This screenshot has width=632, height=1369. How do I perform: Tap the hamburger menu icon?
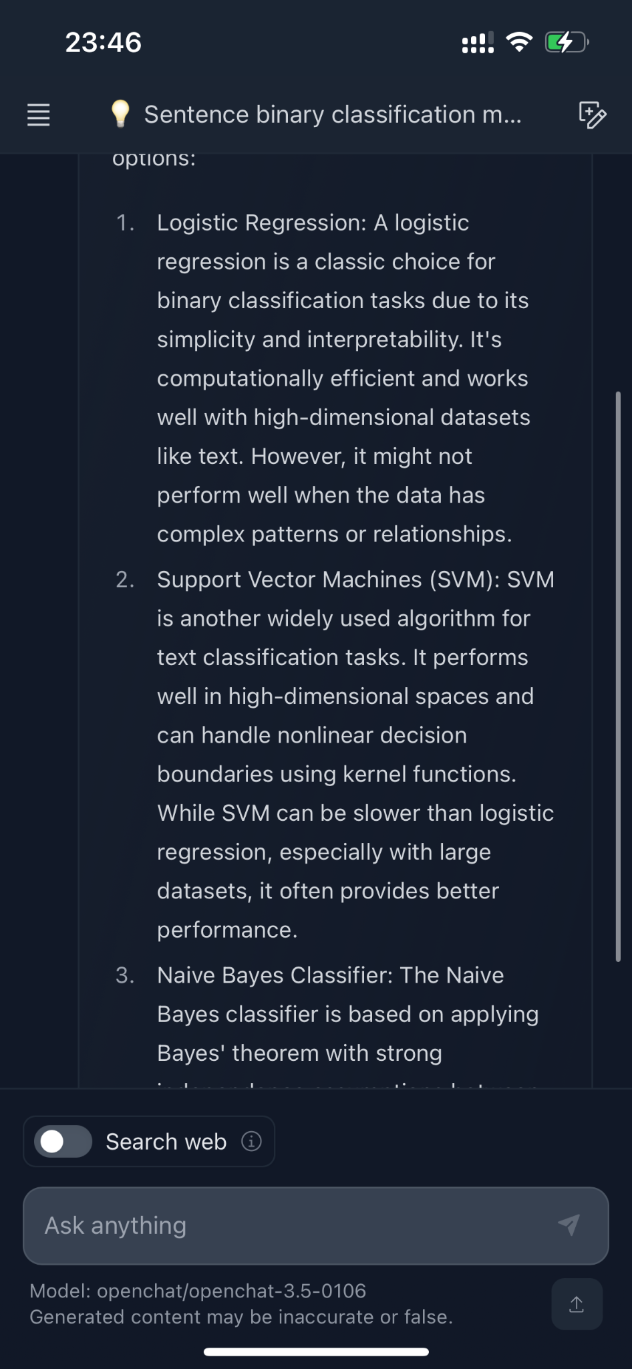pos(38,115)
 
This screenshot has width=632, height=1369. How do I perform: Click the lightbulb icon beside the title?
pos(120,114)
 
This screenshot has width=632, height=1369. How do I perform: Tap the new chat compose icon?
pos(592,115)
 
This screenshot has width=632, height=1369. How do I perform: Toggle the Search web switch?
pos(63,1141)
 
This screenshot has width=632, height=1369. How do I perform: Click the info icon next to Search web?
pos(251,1141)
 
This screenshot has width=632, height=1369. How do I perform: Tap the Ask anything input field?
pos(294,1225)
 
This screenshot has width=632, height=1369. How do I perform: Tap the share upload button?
pos(577,1304)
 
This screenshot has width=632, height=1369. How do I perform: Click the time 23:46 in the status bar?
pos(104,43)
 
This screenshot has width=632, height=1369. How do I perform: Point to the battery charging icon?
pos(566,43)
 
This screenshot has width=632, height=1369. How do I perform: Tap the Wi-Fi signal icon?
pos(519,42)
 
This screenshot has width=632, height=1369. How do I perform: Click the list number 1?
pos(125,223)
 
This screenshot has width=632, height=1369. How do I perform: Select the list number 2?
pos(125,580)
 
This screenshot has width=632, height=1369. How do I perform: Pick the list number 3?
pos(125,975)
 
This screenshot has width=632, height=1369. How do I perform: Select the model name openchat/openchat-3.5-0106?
pos(231,1291)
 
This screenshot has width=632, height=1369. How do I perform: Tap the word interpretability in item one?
pos(395,340)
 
